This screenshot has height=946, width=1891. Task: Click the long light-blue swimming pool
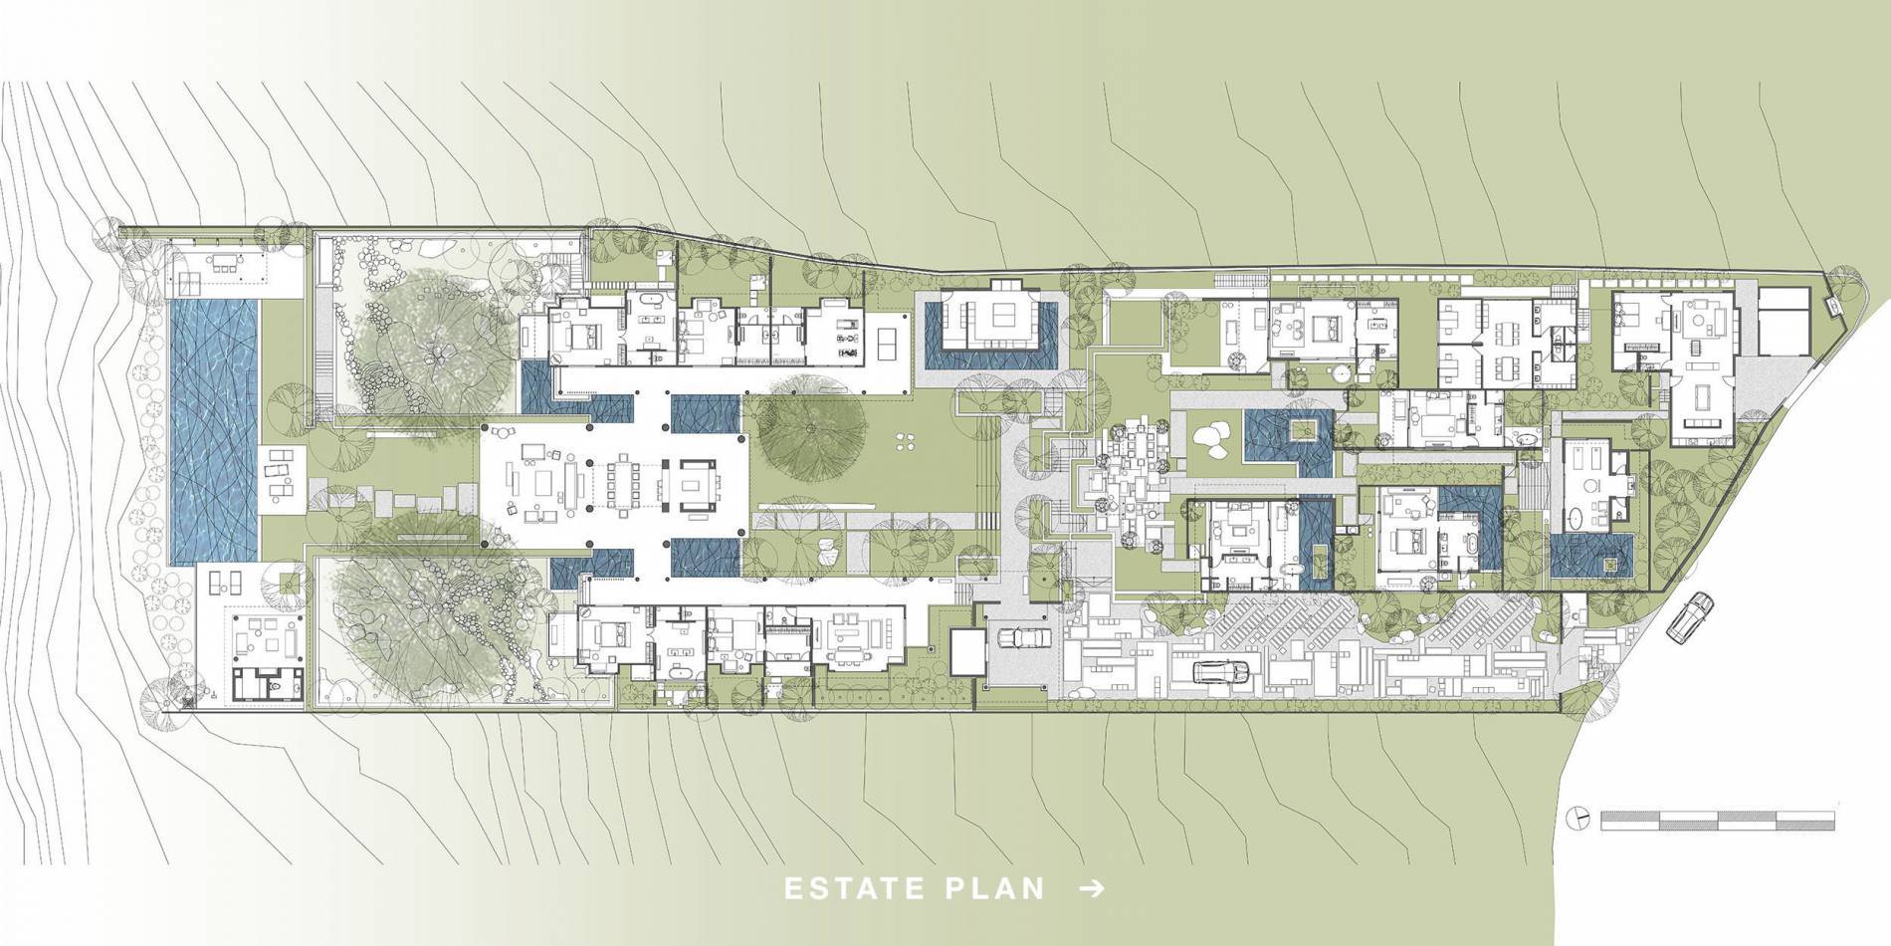[213, 430]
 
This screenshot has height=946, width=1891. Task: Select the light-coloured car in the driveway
[1022, 637]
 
